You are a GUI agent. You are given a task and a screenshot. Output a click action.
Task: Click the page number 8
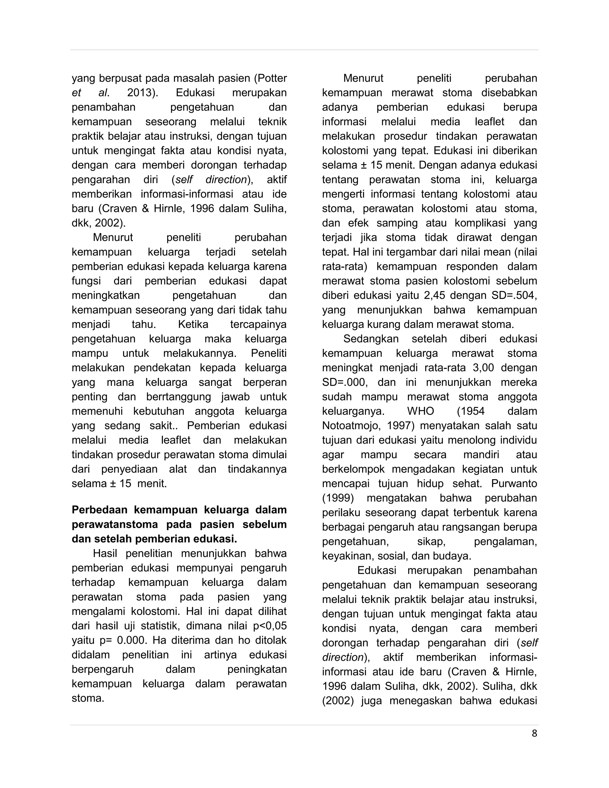coord(534,734)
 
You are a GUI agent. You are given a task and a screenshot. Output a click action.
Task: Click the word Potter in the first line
coord(272,78)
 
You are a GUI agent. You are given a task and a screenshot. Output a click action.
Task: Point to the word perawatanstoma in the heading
coord(115,524)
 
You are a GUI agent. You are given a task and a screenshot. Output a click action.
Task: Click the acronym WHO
coord(420,411)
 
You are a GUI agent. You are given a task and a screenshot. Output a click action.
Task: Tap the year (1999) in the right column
coord(338,498)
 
